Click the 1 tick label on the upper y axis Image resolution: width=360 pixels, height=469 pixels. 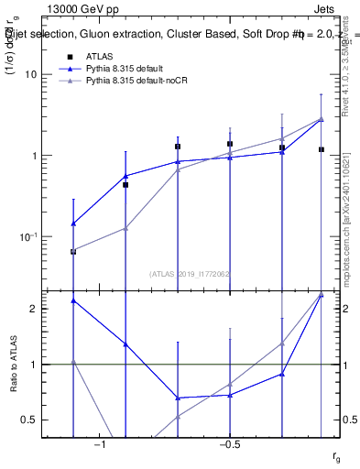36,156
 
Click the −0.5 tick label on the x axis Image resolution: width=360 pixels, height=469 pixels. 229,444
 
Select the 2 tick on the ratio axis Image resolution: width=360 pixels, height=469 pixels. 37,309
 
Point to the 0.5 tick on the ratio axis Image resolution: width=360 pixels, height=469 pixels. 32,420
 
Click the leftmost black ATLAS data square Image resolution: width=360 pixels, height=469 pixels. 73,251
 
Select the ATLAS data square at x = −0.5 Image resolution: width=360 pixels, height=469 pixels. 230,144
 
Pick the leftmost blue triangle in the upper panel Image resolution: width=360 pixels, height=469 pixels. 73,223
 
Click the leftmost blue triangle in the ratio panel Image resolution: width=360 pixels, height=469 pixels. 73,300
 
